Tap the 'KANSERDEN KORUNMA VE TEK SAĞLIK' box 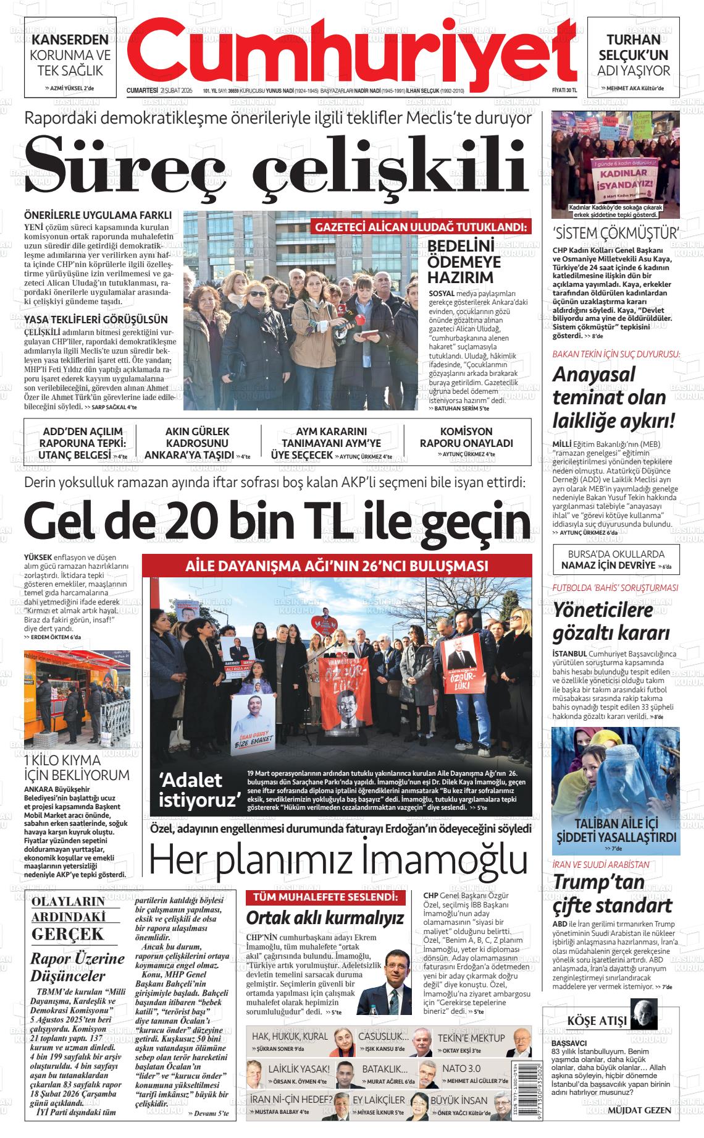coord(70,56)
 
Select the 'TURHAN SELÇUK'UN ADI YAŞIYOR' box coord(633,56)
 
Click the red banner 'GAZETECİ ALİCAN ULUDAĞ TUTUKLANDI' coord(422,227)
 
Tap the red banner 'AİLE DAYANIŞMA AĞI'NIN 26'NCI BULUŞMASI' coord(337,566)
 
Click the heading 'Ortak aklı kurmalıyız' coord(325,917)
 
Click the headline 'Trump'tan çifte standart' coord(611,894)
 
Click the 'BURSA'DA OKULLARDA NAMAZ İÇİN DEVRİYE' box coord(615,559)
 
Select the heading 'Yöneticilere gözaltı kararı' coord(611,621)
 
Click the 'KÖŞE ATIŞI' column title coord(597,1020)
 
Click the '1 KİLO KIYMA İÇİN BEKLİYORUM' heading coord(77,767)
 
